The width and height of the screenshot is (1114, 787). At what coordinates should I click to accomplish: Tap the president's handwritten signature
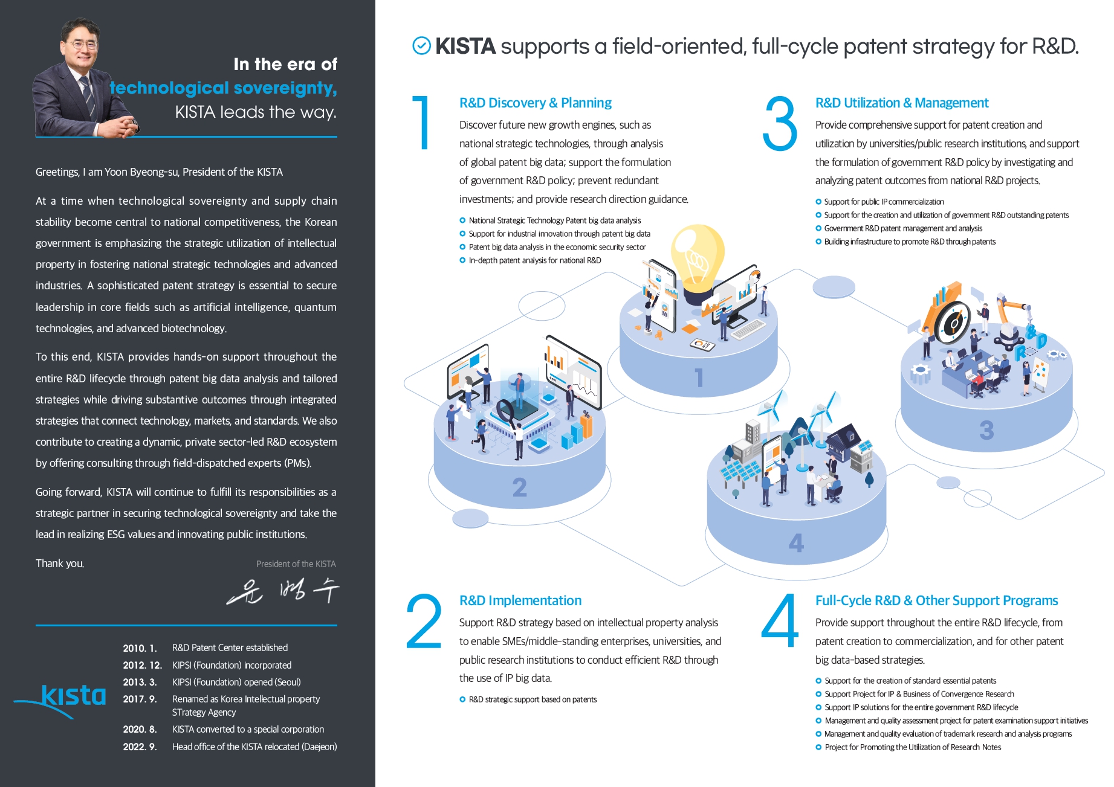(x=283, y=591)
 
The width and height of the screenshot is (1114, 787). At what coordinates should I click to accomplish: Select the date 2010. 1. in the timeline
(x=140, y=648)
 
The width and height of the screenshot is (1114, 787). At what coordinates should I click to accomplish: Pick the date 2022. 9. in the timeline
(x=140, y=747)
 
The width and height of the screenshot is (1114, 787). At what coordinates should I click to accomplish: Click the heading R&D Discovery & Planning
(x=535, y=103)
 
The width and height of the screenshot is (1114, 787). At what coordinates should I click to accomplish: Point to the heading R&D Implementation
(x=520, y=600)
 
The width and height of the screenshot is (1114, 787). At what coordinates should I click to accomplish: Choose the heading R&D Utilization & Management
(x=901, y=103)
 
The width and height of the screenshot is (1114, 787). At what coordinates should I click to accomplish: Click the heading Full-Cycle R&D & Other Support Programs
(x=936, y=600)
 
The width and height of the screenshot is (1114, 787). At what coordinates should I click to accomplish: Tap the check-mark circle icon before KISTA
(x=421, y=46)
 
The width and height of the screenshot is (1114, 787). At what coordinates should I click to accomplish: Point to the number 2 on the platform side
(x=519, y=487)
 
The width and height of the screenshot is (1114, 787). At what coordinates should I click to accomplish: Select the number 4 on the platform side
(x=796, y=543)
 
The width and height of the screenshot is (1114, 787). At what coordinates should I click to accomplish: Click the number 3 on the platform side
(x=986, y=430)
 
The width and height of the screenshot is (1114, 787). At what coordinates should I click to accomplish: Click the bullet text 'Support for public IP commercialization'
(x=884, y=202)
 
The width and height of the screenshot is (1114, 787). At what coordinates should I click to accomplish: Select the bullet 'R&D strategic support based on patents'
(x=533, y=699)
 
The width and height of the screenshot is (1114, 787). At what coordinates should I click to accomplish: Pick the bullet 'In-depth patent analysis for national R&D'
(x=534, y=260)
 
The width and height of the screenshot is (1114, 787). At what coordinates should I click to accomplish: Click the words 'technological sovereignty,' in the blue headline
(x=223, y=88)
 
